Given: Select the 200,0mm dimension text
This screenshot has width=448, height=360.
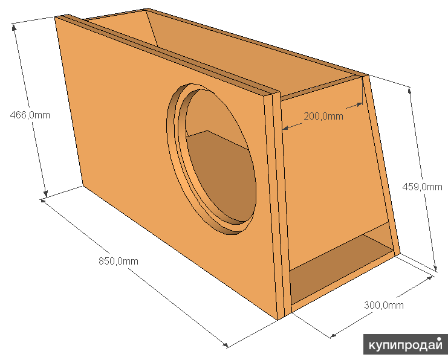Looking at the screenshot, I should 323,116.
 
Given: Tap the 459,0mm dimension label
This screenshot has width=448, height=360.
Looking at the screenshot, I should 422,187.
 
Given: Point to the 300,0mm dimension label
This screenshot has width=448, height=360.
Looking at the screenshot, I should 383,305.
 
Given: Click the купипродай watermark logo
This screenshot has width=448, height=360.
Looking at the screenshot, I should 405,344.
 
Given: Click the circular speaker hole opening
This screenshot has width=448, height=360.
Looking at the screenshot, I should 218,157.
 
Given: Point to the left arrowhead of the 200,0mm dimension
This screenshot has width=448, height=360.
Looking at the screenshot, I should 285,128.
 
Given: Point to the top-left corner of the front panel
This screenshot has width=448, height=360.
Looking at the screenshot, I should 56,17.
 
